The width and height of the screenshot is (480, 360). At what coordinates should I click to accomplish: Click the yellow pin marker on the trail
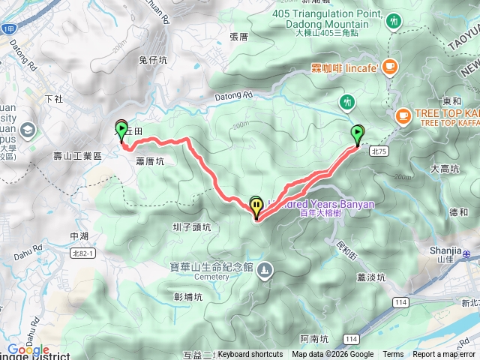pyautogui.click(x=257, y=206)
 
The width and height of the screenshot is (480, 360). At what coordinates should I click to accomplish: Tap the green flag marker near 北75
pyautogui.click(x=358, y=135)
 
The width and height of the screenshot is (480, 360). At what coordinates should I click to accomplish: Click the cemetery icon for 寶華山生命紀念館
pyautogui.click(x=264, y=268)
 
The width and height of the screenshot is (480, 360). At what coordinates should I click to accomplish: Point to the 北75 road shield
pyautogui.click(x=378, y=151)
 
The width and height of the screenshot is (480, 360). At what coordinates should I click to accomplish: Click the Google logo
pyautogui.click(x=28, y=349)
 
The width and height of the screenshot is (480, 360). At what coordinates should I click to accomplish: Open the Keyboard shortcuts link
pyautogui.click(x=250, y=355)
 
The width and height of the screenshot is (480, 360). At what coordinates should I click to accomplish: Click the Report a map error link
pyautogui.click(x=444, y=355)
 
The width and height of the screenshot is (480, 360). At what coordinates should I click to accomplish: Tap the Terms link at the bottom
pyautogui.click(x=393, y=355)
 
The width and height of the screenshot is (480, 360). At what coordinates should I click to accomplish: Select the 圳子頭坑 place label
pyautogui.click(x=191, y=227)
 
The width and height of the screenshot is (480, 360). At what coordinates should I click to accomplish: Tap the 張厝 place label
pyautogui.click(x=238, y=36)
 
